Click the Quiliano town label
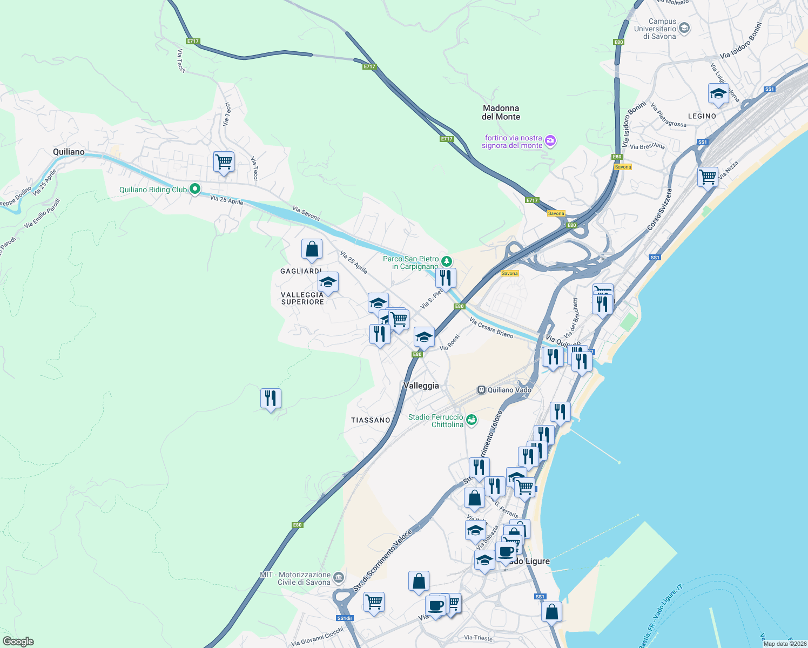click(69, 152)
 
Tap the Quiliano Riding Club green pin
click(195, 190)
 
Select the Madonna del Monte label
click(501, 112)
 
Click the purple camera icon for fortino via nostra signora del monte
click(550, 141)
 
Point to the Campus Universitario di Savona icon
click(684, 28)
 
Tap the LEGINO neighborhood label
click(702, 116)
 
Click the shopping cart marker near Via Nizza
click(708, 177)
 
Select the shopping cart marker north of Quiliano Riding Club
click(223, 161)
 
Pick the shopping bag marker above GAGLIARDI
click(312, 249)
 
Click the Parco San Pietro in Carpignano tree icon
click(446, 261)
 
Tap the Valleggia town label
click(421, 386)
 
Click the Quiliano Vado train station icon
click(481, 390)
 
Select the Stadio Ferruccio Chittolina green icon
click(472, 420)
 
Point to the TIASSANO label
click(371, 420)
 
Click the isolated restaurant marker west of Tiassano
click(271, 399)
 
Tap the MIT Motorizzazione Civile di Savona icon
click(338, 578)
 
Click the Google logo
click(18, 642)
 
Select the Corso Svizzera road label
click(661, 210)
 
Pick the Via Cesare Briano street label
click(491, 328)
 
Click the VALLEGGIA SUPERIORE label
click(302, 298)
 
